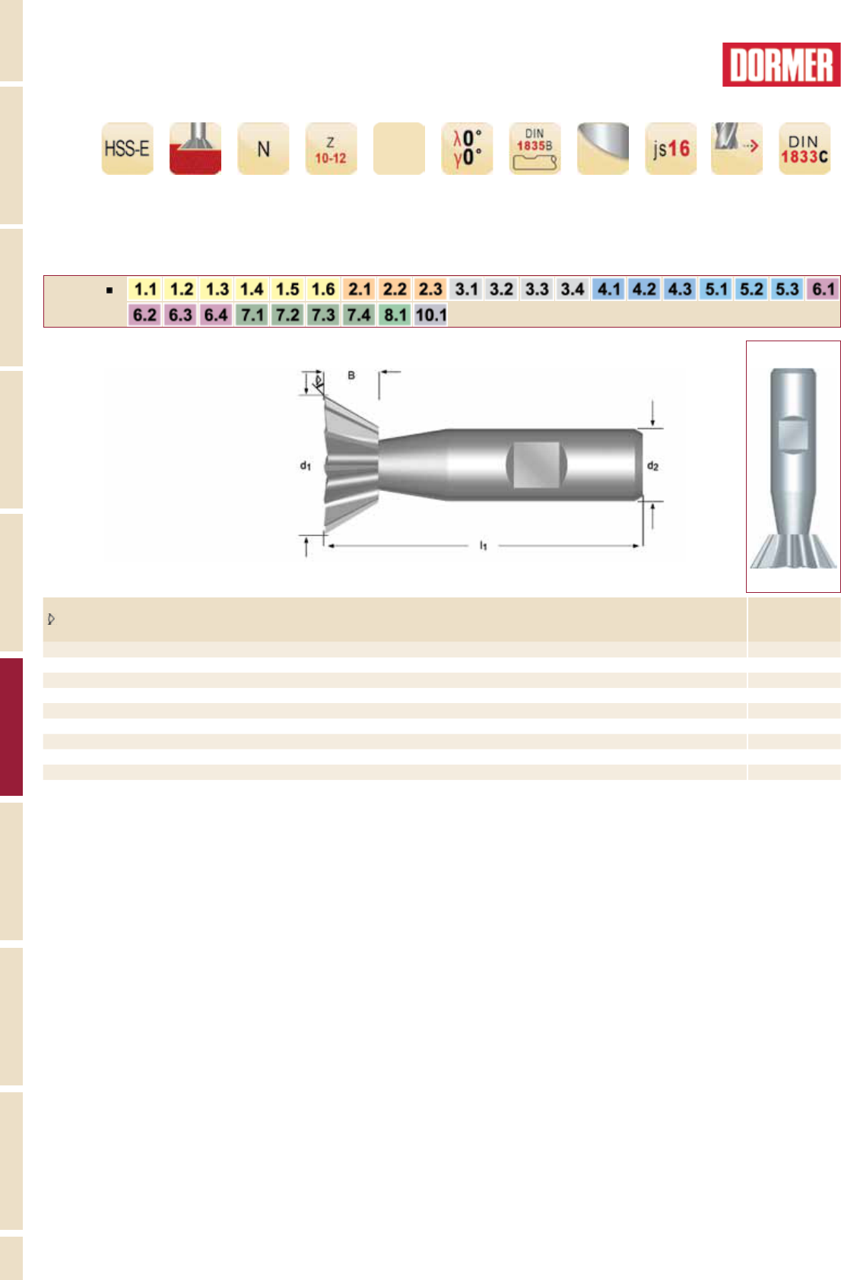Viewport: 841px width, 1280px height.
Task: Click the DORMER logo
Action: [x=781, y=65]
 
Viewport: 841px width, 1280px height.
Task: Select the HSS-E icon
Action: [x=127, y=148]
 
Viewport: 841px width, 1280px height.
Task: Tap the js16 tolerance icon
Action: [x=671, y=148]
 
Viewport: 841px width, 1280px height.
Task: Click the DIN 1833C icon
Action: [x=805, y=148]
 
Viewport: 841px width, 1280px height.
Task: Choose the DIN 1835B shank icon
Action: [x=535, y=148]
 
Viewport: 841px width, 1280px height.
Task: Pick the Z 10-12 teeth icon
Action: [x=331, y=148]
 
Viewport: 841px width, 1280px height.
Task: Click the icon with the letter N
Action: [x=263, y=148]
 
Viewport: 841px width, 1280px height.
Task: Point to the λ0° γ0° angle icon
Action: [x=467, y=148]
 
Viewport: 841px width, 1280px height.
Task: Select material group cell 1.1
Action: [x=145, y=289]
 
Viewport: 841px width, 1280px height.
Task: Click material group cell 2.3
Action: [x=430, y=289]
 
